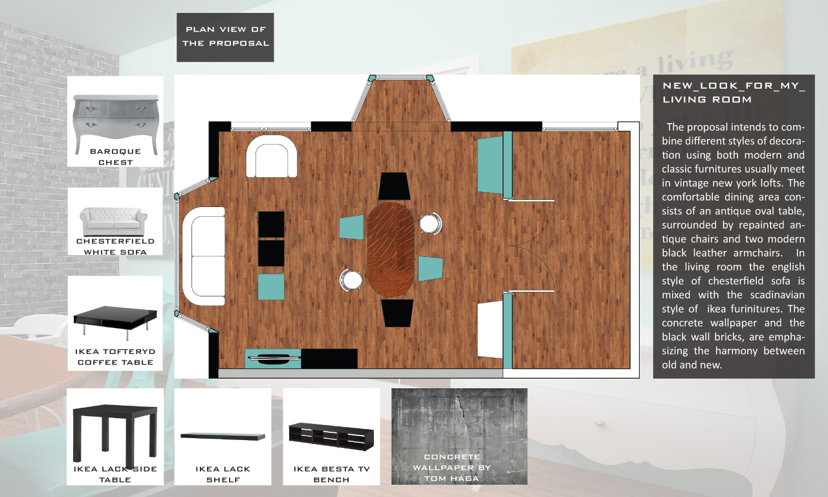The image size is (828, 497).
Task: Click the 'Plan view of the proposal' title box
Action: [x=225, y=38]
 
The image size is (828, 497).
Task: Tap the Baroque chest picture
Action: [x=116, y=120]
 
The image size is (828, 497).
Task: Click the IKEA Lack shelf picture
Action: [x=223, y=436]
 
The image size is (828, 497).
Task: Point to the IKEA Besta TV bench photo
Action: [x=331, y=437]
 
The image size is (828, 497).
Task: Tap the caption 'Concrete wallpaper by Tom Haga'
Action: [x=452, y=467]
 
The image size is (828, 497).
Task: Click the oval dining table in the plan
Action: [x=391, y=249]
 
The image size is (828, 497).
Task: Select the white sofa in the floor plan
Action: [x=204, y=256]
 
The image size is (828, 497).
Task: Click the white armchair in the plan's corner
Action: [x=272, y=156]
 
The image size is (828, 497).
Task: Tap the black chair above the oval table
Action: [x=394, y=186]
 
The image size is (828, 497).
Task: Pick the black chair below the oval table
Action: [x=397, y=313]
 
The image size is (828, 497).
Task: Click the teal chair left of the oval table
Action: [x=351, y=227]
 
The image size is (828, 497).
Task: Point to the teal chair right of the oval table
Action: [x=430, y=269]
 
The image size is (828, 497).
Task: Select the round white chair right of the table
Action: [x=430, y=223]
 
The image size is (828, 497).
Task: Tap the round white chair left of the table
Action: [x=351, y=280]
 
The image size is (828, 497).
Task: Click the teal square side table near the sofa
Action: [x=271, y=287]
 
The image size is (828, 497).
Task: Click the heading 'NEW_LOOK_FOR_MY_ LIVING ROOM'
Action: [x=734, y=93]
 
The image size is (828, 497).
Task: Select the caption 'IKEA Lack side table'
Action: [x=115, y=474]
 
